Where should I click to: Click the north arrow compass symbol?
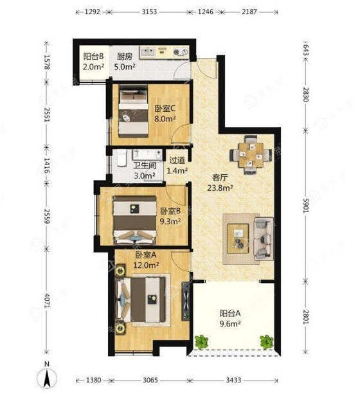[x=47, y=376]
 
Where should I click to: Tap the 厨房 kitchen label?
[x=125, y=57]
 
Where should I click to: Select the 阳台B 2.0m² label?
[x=93, y=61]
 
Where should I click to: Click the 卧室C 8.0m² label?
[x=165, y=114]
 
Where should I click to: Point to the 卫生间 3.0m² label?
[x=145, y=170]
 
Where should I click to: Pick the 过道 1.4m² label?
[x=177, y=165]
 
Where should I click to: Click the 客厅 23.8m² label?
[x=220, y=183]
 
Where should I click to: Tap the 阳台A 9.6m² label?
[x=230, y=318]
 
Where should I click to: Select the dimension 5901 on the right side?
[x=306, y=206]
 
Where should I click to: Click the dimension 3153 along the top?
[x=149, y=12]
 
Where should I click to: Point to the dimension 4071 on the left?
[x=47, y=300]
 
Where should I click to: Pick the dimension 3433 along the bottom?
[x=233, y=380]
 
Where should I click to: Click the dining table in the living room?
[x=251, y=155]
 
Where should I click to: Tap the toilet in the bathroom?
[x=122, y=157]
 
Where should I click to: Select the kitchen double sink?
[x=148, y=52]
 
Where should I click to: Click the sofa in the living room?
[x=264, y=238]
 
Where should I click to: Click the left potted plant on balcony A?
[x=201, y=342]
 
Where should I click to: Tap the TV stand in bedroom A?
[x=186, y=301]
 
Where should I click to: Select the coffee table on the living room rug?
[x=238, y=238]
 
